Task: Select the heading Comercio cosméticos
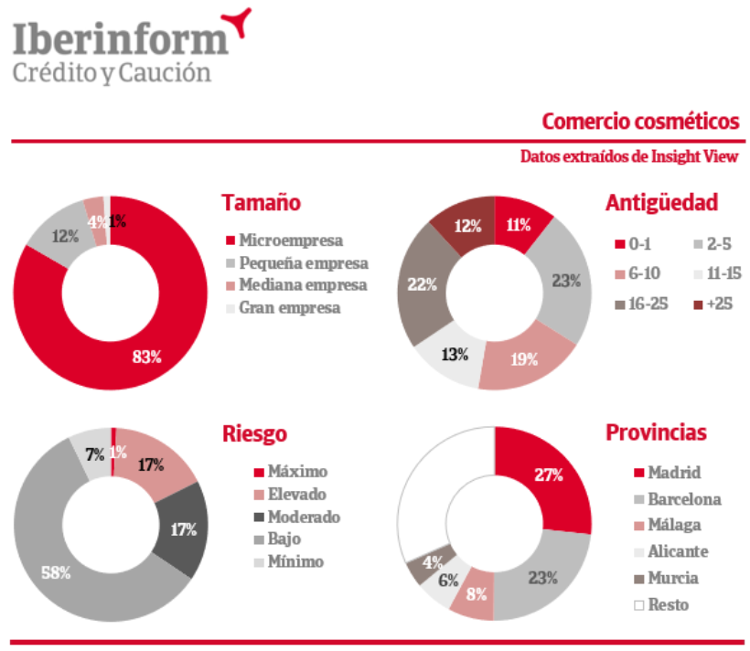point(639,122)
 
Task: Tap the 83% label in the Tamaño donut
point(146,357)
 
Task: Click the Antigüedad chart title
point(661,202)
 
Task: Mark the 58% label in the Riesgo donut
point(57,572)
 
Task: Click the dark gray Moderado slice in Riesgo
point(186,528)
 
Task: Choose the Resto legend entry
point(668,604)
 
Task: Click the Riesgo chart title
point(254,432)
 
